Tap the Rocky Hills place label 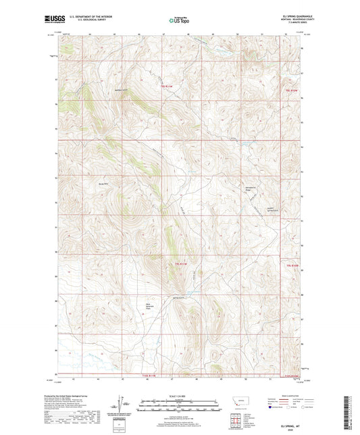(104, 183)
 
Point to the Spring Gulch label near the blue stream (178, 298)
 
